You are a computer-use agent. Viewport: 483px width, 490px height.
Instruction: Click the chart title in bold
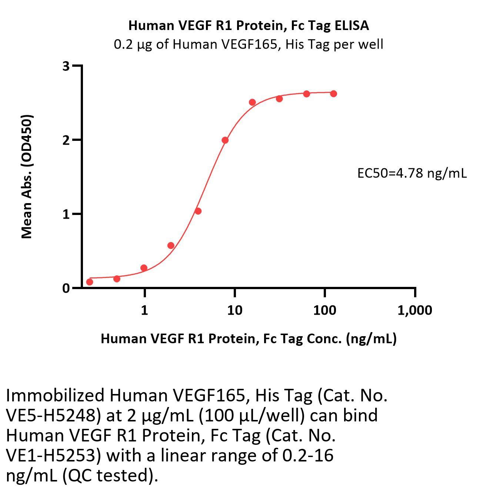[x=248, y=26]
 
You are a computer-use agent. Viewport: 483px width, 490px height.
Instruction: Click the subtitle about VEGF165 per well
[x=248, y=44]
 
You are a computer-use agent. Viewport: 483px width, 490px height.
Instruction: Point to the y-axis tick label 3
[x=66, y=66]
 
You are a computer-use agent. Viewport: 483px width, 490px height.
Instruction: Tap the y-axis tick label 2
[x=66, y=140]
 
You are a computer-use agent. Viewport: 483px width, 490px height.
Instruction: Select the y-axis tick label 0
[x=66, y=288]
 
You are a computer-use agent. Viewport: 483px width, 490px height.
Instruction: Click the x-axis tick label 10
[x=234, y=310]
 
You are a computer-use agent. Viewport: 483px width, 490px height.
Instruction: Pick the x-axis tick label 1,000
[x=414, y=310]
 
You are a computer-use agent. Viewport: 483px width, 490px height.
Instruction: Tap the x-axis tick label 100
[x=324, y=310]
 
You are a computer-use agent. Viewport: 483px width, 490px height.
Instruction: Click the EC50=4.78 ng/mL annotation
[x=412, y=173]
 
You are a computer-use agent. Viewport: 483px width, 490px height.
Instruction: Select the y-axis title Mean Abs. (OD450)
[x=27, y=176]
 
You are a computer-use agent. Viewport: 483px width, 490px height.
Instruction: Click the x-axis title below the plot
[x=249, y=338]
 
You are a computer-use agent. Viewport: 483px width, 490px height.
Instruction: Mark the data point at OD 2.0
[x=225, y=140]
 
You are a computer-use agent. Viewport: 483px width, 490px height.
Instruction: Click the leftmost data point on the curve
[x=90, y=282]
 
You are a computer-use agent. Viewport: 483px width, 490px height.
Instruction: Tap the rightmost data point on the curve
[x=333, y=94]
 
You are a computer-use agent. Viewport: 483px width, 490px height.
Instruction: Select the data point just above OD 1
[x=198, y=211]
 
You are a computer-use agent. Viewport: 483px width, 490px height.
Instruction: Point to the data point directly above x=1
[x=144, y=268]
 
